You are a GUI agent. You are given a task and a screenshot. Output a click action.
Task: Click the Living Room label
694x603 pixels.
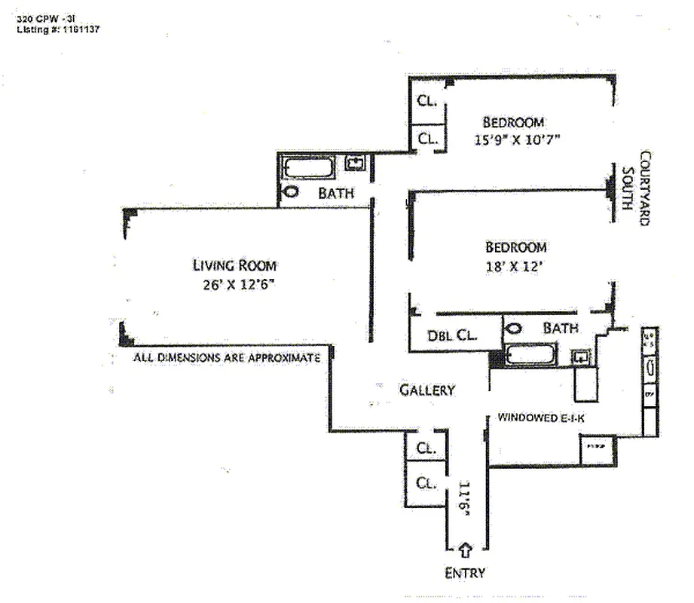[x=234, y=265]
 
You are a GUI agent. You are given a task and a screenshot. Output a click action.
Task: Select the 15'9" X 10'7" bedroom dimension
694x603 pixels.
[x=517, y=139]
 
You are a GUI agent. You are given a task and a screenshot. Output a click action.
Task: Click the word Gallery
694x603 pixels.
[x=426, y=390]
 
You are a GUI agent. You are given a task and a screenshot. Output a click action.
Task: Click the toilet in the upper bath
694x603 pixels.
[x=290, y=192]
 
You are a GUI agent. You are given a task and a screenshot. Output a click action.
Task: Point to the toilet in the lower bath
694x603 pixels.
[x=515, y=329]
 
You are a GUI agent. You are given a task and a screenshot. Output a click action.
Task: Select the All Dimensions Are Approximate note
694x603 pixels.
[x=227, y=359]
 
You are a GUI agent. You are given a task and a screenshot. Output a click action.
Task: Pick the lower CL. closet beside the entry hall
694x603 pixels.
[x=426, y=483]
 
